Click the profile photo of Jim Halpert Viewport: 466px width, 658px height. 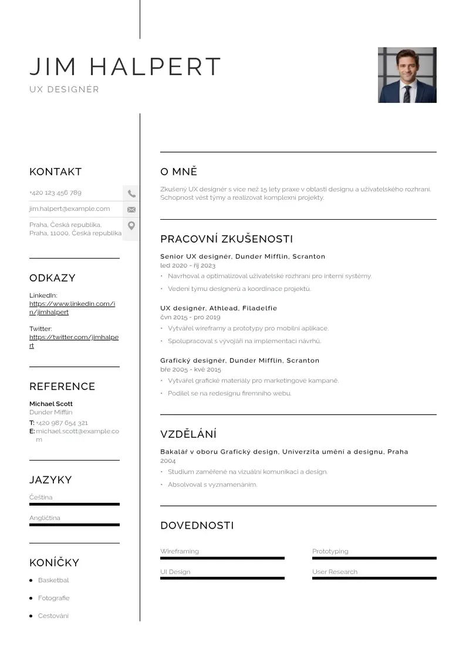(407, 75)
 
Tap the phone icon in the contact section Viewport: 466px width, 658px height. (131, 193)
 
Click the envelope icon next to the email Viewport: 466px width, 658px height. (131, 209)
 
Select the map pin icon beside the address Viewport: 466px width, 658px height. (131, 226)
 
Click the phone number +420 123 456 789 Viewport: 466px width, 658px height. (55, 193)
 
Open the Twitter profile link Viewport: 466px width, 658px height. (74, 341)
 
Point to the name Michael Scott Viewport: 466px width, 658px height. (51, 404)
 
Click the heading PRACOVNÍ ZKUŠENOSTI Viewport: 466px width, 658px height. (227, 239)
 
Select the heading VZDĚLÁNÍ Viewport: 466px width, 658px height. (188, 435)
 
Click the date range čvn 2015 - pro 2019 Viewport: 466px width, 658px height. (190, 317)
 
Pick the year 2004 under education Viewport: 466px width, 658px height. (168, 461)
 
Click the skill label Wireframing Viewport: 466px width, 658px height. (180, 551)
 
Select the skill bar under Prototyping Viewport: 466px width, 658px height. (374, 558)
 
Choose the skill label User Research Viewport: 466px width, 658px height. (335, 572)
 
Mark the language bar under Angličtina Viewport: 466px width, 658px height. (75, 525)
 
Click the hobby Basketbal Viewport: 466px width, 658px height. (53, 580)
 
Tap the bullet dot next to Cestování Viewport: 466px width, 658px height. (31, 616)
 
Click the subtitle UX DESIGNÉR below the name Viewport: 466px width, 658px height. (65, 90)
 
